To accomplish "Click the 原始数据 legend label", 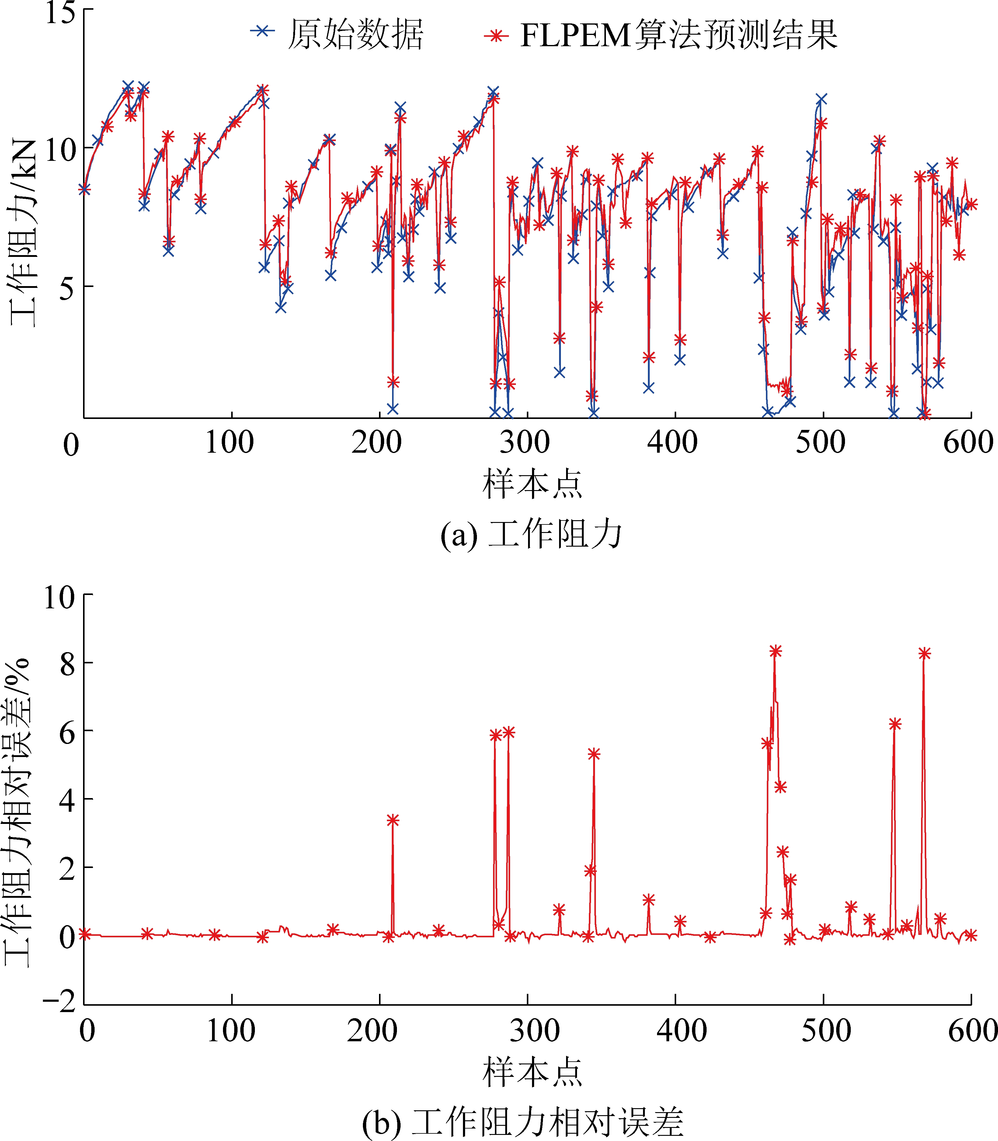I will point(355,35).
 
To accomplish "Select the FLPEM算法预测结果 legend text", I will point(678,35).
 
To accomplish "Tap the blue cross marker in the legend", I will point(262,31).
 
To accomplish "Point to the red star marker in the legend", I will point(496,36).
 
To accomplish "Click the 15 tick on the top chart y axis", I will point(60,12).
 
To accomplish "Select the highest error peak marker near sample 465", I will point(775,651).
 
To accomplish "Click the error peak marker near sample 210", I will point(393,820).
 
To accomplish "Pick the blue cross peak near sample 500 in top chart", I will point(821,99).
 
